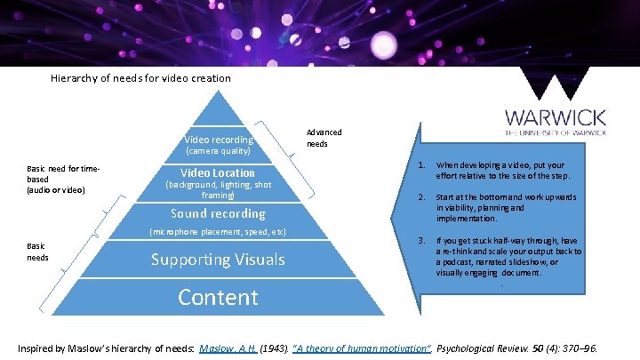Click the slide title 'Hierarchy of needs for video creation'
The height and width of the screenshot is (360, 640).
140,78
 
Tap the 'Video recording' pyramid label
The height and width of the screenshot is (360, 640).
218,140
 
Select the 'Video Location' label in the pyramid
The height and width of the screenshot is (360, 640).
218,172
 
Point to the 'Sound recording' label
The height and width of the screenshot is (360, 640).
218,213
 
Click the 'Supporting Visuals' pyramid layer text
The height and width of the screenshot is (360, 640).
218,260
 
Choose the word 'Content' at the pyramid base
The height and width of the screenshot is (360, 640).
218,297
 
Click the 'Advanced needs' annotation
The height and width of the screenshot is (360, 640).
324,138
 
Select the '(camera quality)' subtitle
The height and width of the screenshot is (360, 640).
218,152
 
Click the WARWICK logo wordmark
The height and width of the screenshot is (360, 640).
556,117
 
